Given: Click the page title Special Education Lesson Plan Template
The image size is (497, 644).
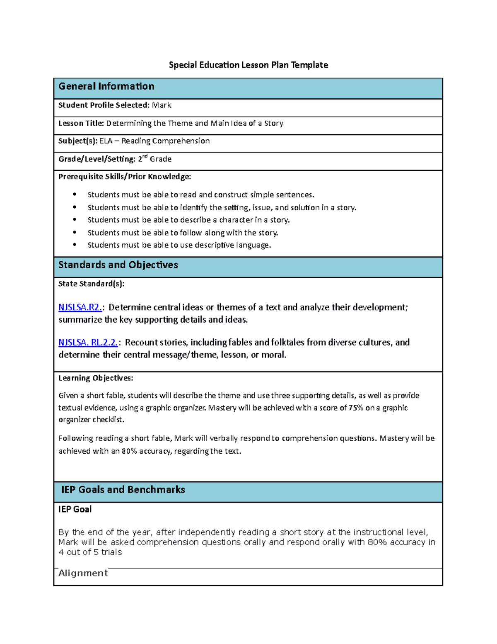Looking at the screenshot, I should (248, 65).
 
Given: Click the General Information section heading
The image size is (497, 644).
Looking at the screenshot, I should (106, 86).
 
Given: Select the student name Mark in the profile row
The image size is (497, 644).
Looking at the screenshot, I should (162, 105).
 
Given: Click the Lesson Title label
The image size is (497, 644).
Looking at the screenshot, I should (81, 123).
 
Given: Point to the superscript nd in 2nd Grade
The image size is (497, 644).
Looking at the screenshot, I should (145, 157).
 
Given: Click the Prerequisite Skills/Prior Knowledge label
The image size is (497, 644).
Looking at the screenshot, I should (125, 177).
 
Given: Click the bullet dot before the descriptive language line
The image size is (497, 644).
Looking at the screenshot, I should (75, 245).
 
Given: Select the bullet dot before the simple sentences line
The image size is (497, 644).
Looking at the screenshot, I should (75, 194).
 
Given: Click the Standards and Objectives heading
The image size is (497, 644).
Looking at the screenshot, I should (118, 265).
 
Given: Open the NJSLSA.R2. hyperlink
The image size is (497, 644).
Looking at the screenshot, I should (80, 307).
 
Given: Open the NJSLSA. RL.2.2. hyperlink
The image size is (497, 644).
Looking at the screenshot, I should (88, 343).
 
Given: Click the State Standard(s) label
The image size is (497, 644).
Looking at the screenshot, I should (91, 284).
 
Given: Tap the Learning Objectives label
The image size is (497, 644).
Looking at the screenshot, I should (96, 378).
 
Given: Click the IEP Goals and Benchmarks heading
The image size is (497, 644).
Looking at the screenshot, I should (123, 490).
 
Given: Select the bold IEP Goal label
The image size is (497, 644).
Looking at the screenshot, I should (75, 509).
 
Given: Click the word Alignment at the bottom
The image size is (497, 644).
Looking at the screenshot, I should (83, 573).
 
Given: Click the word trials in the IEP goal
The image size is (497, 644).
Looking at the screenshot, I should (111, 552).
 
